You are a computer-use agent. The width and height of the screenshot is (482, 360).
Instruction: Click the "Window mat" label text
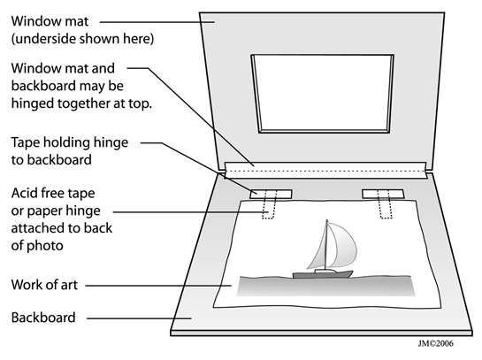point(50,21)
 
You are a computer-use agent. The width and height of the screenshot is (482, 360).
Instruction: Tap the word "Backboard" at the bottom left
point(43,318)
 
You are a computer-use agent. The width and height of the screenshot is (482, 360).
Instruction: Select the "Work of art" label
point(44,285)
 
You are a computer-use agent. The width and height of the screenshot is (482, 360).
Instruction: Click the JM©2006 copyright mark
point(435,343)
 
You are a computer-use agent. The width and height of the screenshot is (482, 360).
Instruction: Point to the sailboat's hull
point(323,273)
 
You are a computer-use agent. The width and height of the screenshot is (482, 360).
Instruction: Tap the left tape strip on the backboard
point(271,194)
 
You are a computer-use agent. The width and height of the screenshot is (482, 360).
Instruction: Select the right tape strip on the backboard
point(383,194)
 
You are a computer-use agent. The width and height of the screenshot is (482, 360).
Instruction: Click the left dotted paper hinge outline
point(269,204)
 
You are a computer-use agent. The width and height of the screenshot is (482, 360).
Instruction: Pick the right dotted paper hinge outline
point(385,204)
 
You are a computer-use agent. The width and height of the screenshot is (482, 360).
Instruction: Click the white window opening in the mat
point(323,94)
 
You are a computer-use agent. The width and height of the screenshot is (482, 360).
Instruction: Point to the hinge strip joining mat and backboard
point(325,170)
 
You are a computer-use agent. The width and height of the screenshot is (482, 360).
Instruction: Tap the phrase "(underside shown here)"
point(82,39)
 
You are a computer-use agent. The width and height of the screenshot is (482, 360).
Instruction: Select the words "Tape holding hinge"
point(70,143)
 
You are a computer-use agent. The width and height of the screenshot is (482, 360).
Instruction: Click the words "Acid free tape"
point(53,194)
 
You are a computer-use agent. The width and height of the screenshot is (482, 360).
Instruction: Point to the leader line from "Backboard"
point(139,318)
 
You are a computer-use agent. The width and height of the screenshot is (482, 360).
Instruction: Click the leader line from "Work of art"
point(158,286)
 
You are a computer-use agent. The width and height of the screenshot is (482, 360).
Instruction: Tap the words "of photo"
point(37,246)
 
